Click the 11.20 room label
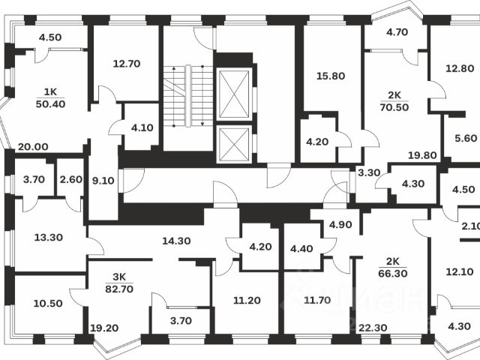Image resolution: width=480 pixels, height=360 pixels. click(x=247, y=301)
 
